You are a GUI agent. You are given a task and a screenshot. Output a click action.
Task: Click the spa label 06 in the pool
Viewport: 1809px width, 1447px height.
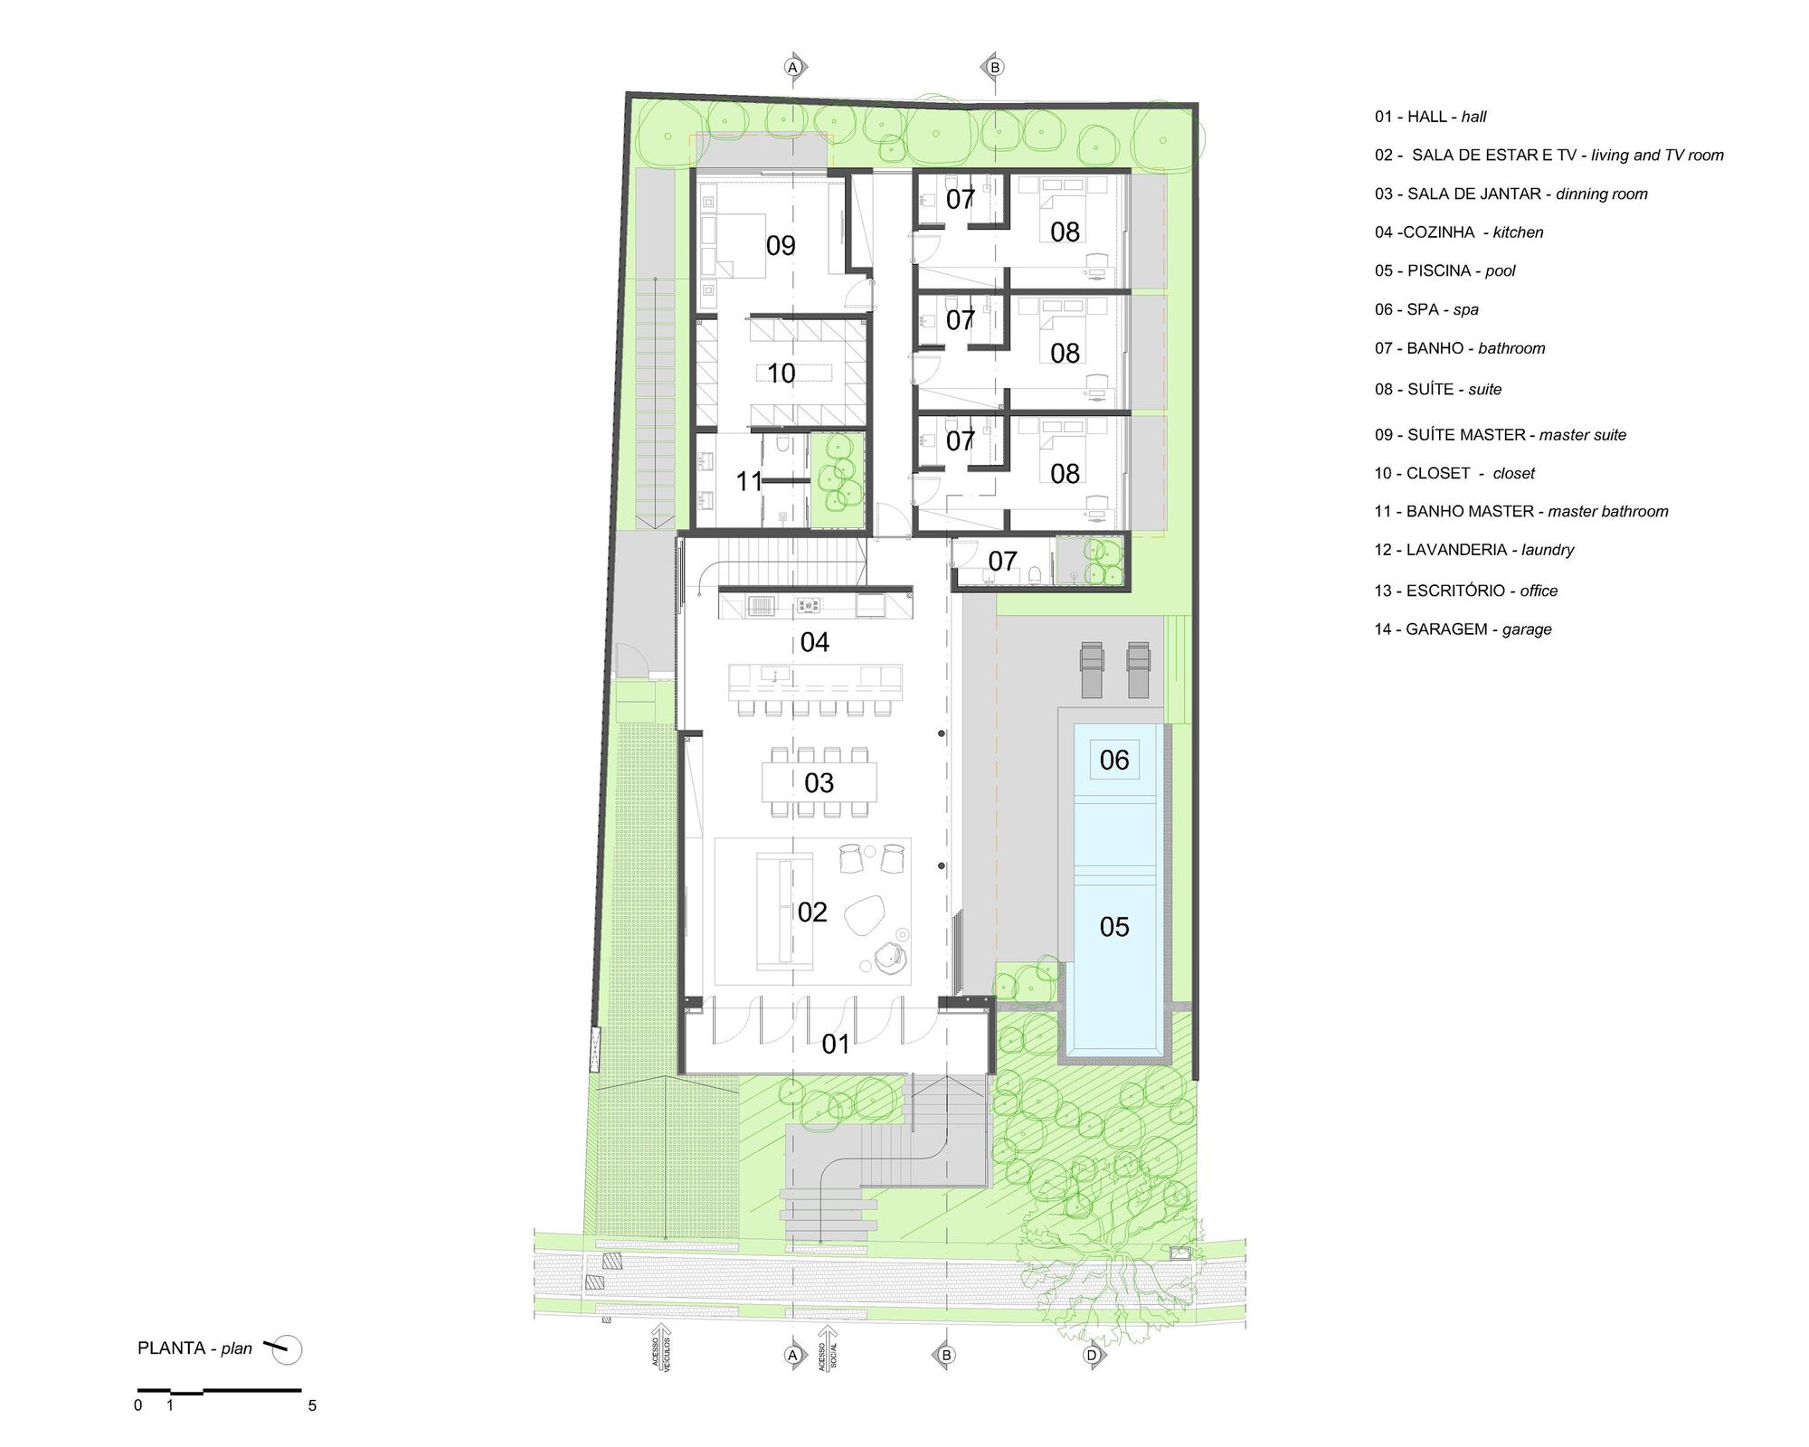pos(1113,760)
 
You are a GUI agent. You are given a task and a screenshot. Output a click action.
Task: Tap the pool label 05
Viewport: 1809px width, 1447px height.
pos(1113,926)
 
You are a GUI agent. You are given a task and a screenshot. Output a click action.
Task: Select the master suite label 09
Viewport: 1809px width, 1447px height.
pos(780,245)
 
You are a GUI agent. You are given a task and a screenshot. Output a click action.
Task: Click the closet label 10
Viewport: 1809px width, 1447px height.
pos(780,373)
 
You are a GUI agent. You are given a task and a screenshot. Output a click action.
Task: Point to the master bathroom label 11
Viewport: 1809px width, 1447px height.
pos(749,481)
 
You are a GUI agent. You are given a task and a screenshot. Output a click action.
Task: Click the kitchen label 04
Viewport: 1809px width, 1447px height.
pos(814,642)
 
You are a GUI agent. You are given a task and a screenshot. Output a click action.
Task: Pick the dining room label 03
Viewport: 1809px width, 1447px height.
pos(819,782)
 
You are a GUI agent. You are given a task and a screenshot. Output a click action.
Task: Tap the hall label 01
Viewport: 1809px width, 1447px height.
pos(835,1045)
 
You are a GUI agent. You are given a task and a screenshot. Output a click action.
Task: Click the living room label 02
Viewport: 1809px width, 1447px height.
pos(811,912)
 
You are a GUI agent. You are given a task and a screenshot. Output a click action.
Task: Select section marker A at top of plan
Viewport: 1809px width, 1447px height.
pos(793,68)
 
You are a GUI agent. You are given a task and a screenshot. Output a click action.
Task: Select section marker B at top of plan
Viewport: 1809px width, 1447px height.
pos(994,68)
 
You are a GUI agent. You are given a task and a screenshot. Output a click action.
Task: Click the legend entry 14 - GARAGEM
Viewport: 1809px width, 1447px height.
pos(1463,629)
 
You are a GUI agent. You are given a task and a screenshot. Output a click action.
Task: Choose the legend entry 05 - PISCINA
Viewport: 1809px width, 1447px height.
pos(1444,270)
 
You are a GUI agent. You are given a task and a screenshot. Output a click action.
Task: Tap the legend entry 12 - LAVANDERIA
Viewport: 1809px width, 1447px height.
pos(1474,550)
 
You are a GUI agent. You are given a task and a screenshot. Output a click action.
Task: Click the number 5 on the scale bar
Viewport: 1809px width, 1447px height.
pos(312,1405)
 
